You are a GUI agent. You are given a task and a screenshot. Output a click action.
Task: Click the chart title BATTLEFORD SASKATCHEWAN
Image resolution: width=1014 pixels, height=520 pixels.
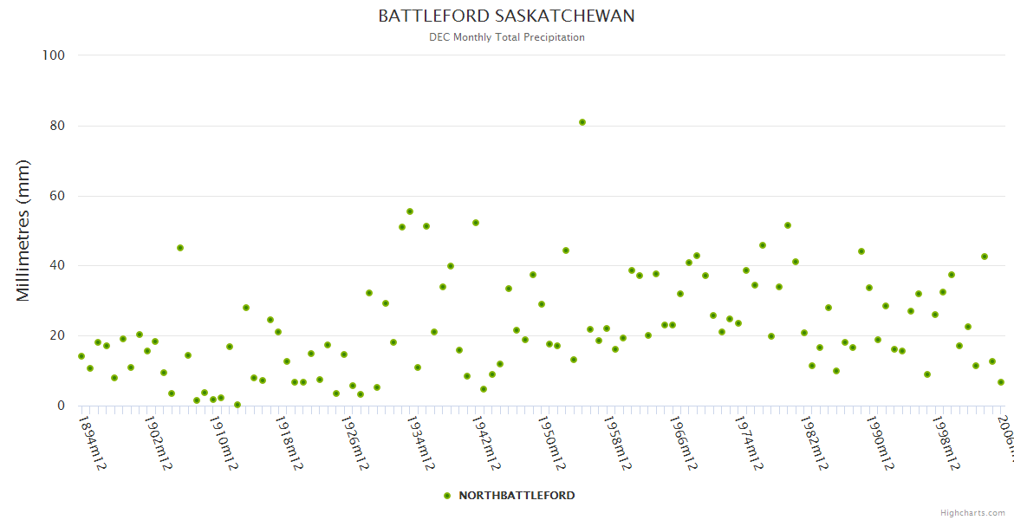(x=506, y=16)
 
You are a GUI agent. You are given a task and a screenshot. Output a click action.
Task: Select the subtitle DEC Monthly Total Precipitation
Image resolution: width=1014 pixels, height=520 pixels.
(x=506, y=37)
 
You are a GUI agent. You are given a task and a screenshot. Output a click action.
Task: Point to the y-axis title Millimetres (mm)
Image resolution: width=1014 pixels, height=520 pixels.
(x=23, y=231)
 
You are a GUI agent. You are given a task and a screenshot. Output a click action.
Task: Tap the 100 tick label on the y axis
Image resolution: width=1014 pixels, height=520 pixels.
(x=54, y=55)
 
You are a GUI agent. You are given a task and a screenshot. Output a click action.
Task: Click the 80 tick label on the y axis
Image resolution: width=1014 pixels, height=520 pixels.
(x=57, y=126)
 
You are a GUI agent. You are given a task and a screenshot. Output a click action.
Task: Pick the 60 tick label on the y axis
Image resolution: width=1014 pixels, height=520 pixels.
(x=57, y=196)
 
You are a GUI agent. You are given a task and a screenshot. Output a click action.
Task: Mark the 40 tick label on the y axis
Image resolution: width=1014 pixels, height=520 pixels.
(x=57, y=266)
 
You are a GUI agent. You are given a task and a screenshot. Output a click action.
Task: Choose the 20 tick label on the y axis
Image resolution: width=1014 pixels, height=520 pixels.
(x=57, y=335)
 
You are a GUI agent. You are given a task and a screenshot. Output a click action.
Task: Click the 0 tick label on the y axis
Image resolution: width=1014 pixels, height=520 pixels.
(x=61, y=406)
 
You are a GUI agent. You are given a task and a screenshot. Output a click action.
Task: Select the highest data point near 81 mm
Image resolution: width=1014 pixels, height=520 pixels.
(x=582, y=122)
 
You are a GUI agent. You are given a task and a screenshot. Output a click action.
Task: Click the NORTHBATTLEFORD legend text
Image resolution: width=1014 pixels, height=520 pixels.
(x=517, y=496)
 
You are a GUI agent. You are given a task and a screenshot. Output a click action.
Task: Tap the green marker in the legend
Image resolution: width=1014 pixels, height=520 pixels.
(x=447, y=496)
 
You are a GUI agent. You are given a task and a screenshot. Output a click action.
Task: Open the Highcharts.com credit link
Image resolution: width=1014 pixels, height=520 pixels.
(x=972, y=513)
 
